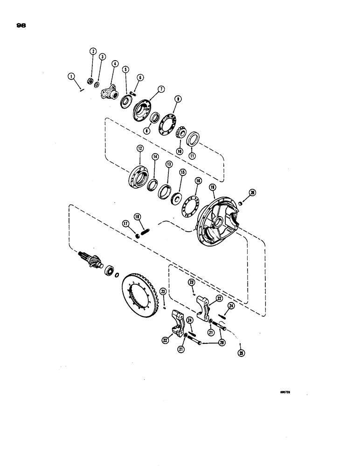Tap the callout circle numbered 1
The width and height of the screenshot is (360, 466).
click(71, 75)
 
